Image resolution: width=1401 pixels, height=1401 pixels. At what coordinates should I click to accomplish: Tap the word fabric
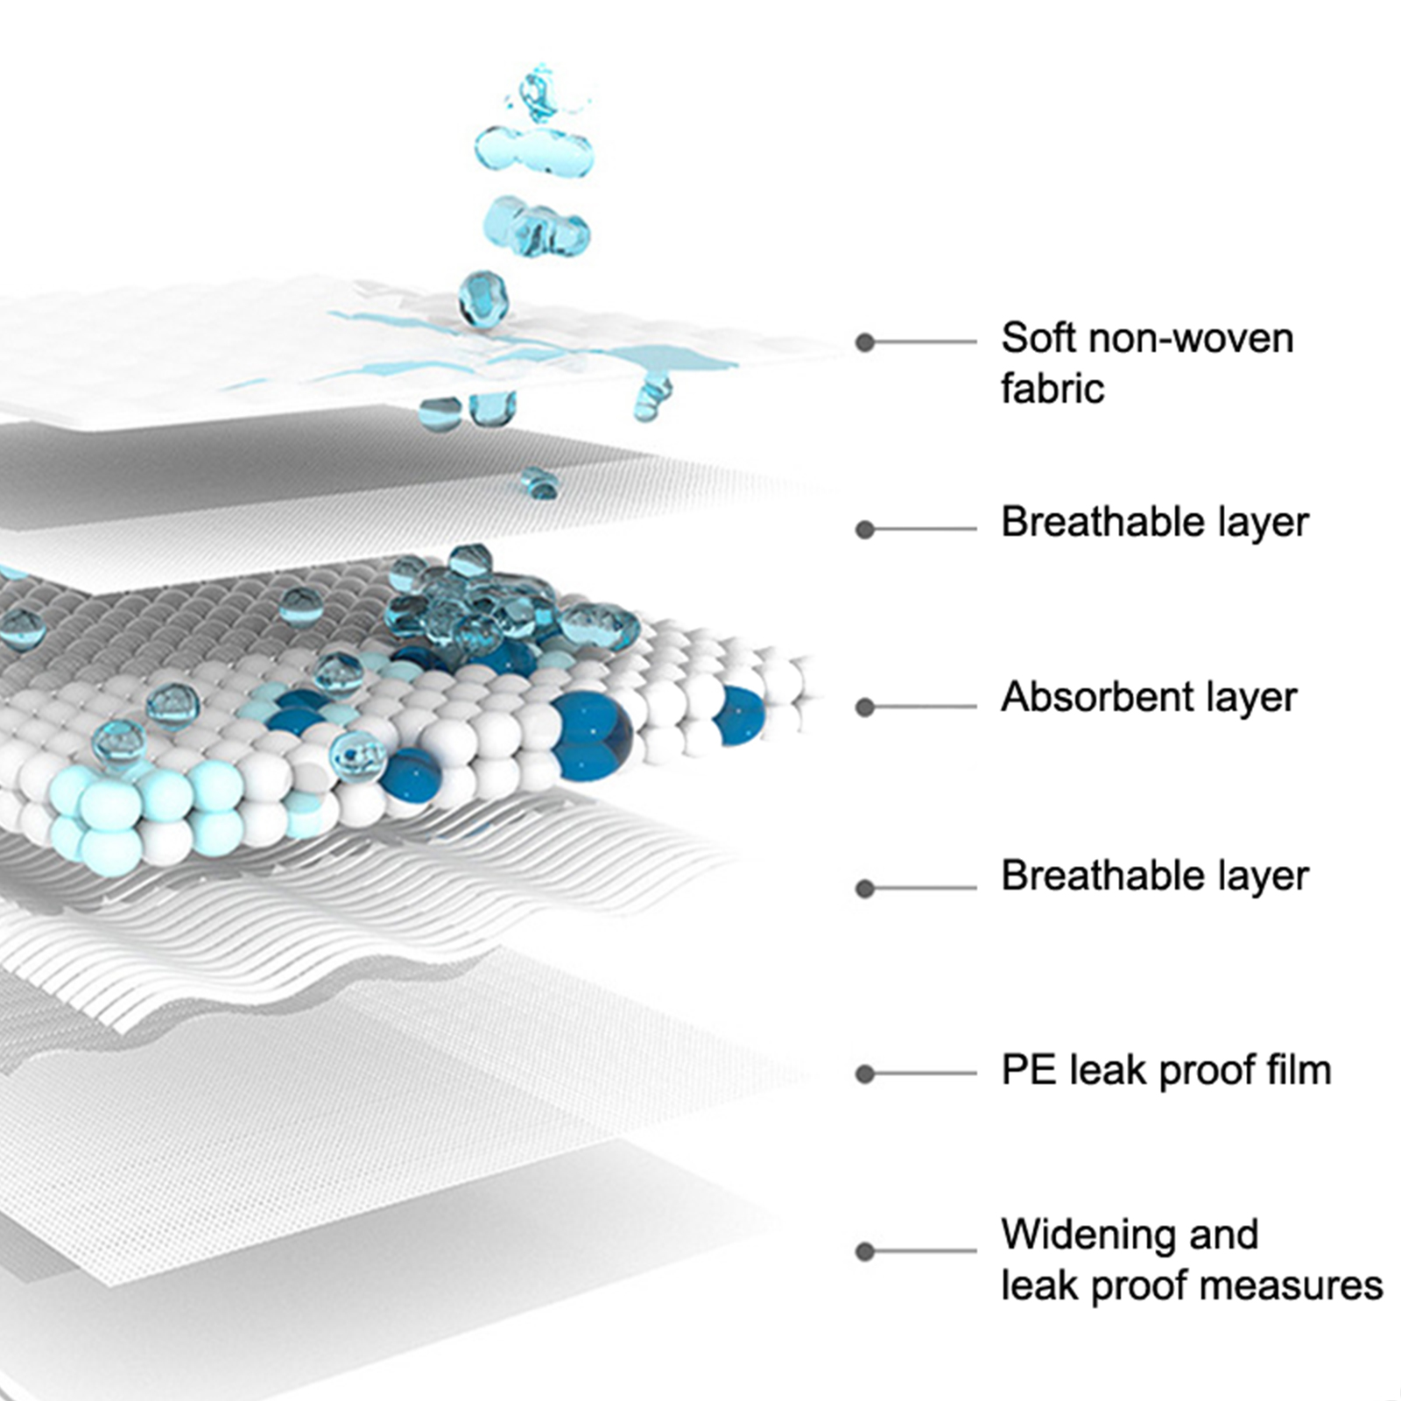coord(1053,389)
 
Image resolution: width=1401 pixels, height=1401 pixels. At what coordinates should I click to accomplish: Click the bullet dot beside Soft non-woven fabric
coord(865,342)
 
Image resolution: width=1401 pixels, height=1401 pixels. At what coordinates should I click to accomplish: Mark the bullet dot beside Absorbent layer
coord(865,707)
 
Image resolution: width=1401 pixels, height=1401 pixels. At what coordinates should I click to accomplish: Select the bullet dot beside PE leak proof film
coord(865,1074)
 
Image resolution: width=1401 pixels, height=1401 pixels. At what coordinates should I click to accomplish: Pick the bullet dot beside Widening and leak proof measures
coord(865,1251)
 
